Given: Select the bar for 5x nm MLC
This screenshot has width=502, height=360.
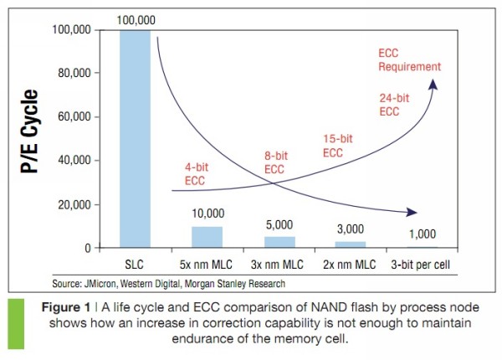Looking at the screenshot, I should coord(207,237).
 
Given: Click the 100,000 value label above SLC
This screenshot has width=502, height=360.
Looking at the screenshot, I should coord(136,18).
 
